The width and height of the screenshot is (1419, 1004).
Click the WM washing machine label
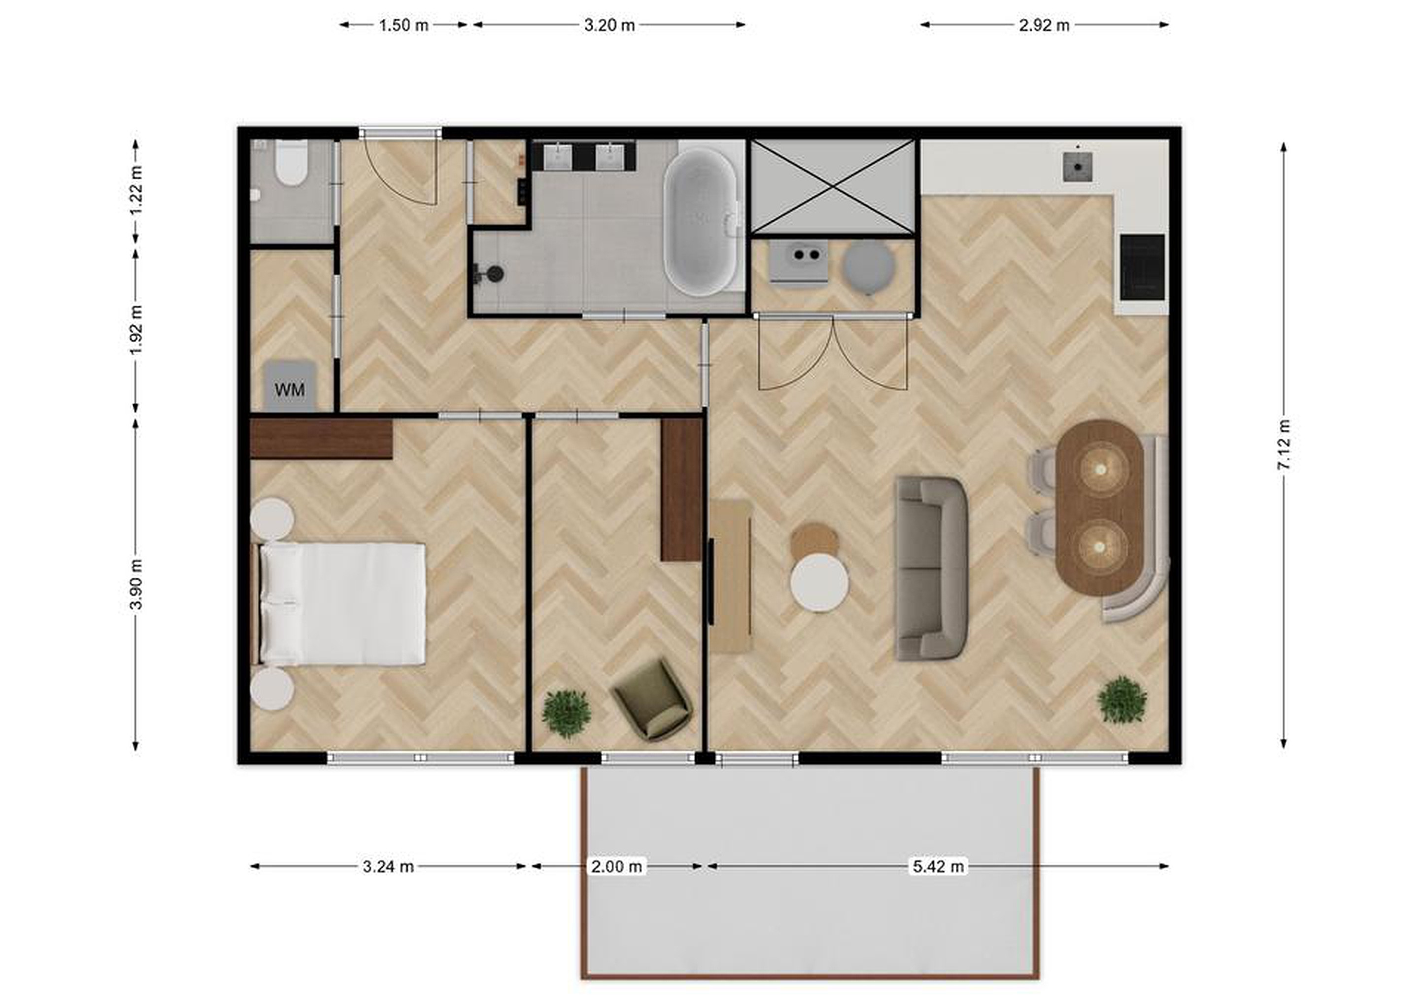290,389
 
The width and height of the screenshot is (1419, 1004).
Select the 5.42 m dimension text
938,866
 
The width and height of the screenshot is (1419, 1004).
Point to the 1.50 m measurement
404,25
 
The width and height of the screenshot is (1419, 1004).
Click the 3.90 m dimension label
136,584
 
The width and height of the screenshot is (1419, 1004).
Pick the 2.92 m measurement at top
1044,25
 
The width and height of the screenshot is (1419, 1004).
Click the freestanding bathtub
701,222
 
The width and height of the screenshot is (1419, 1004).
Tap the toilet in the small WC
291,163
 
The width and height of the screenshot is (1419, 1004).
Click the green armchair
651,698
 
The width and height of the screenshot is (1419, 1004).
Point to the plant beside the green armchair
566,713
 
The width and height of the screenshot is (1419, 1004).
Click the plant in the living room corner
1122,700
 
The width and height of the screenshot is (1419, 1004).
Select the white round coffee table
819,583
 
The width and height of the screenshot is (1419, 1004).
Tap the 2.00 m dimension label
616,866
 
